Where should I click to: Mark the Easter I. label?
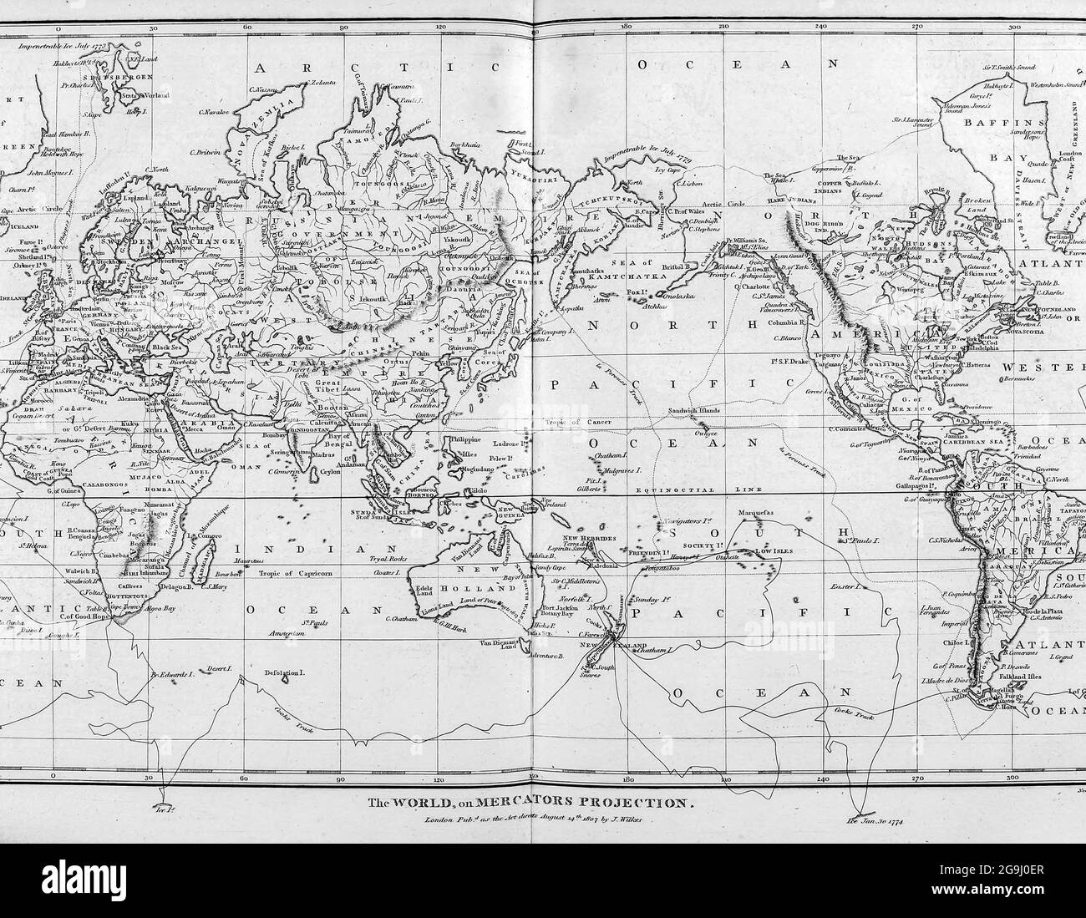click(845, 588)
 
